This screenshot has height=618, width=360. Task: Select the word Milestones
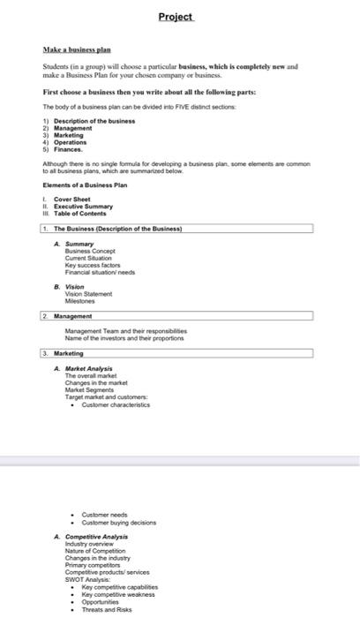[82, 300]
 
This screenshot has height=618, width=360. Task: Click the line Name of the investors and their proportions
[123, 336]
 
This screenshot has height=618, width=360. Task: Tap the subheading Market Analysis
[94, 367]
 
